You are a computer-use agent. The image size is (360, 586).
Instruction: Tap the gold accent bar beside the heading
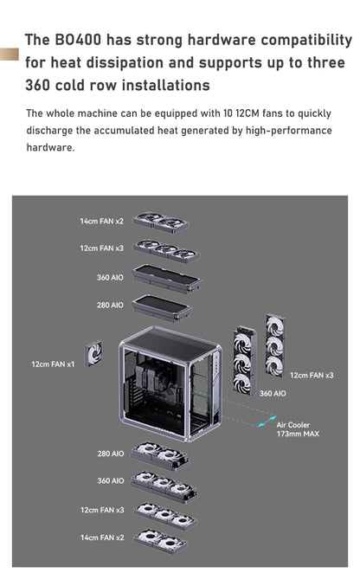pos(9,55)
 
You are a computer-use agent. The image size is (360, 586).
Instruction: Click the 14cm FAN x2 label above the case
pos(102,222)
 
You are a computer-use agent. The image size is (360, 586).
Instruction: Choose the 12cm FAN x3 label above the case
pos(102,248)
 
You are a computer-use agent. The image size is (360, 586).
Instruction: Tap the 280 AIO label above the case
pos(110,305)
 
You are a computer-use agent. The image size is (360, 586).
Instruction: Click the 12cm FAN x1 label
pos(53,364)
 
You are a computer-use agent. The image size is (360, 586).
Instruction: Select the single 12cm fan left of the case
pos(93,353)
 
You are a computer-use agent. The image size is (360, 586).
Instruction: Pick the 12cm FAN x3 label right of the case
pos(312,375)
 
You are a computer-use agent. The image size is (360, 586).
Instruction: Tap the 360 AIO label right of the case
pos(273,393)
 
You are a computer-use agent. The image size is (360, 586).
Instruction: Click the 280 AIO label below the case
pos(110,453)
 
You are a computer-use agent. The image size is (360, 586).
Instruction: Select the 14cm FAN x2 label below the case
pos(102,537)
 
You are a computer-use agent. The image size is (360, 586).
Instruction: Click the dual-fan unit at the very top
pos(161,222)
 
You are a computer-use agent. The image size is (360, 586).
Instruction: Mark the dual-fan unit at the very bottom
pos(161,543)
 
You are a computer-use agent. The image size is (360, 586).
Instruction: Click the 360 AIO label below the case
pos(110,480)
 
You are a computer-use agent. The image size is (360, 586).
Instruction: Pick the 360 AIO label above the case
pos(110,277)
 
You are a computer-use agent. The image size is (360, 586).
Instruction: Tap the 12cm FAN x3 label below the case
pos(102,510)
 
